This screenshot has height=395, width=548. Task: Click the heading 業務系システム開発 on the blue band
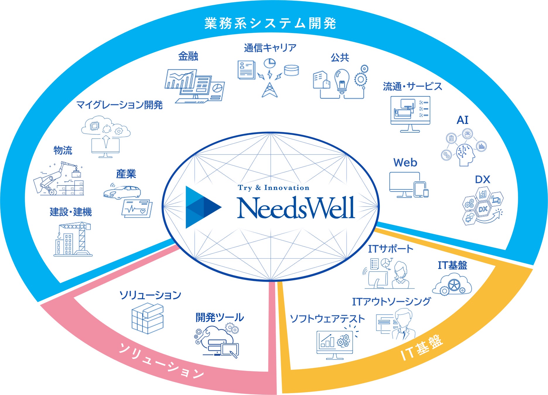(270, 23)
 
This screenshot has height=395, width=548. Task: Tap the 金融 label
(188, 56)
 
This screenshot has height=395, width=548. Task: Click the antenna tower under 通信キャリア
(269, 90)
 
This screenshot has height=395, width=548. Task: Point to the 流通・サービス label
(412, 87)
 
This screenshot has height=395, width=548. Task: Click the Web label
(405, 163)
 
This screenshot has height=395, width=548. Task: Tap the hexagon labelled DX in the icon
(482, 209)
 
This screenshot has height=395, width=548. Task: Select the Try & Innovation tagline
(273, 188)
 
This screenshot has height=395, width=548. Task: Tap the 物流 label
(63, 150)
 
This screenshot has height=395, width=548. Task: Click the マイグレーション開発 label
(119, 105)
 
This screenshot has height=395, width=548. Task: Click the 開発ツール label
(220, 317)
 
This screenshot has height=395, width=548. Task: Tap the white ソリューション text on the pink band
(161, 361)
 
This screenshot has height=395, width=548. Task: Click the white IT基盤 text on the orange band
(421, 348)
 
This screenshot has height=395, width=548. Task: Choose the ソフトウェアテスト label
(327, 319)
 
